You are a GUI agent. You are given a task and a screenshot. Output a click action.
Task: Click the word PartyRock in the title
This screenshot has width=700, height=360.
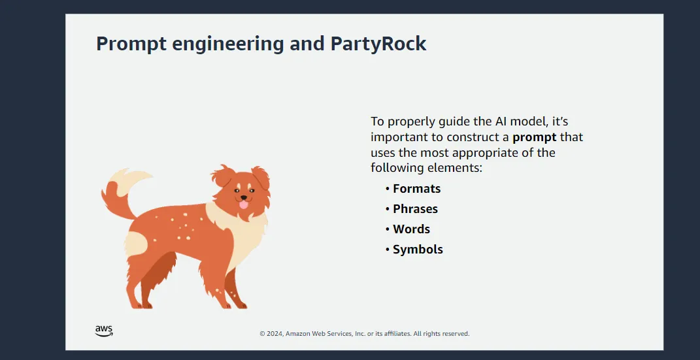pos(378,44)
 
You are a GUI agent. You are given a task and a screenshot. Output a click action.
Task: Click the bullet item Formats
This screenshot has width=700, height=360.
pos(416,189)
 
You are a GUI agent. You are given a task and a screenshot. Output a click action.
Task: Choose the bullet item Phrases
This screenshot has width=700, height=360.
pos(415,209)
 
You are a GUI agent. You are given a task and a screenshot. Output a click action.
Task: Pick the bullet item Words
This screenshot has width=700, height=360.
pos(411,229)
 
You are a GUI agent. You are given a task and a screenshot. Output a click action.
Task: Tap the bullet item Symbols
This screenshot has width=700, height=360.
pos(418,250)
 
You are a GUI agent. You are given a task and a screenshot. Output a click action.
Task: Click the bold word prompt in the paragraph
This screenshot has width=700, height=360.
pos(534,137)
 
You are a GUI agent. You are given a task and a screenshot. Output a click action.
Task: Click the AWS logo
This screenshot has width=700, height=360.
pos(104,331)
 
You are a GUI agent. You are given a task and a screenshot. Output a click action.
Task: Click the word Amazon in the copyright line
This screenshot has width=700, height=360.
pos(301,334)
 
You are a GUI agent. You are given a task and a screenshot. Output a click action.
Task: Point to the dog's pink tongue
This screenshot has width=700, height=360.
pos(243,205)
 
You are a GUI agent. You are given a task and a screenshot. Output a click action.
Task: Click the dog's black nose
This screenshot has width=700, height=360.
pos(243,197)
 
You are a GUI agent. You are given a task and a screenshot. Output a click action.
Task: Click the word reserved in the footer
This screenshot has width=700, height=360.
pos(455,334)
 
